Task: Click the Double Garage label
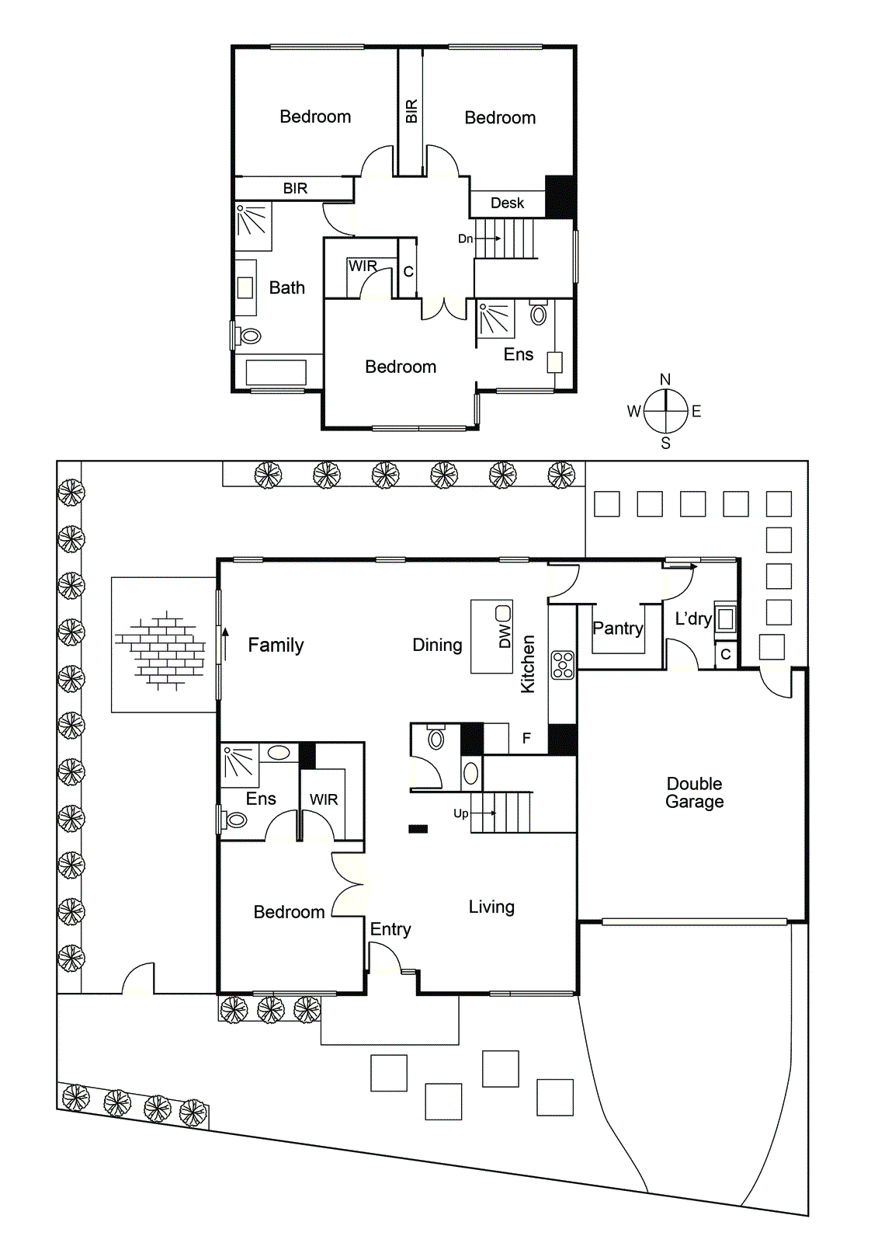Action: point(694,792)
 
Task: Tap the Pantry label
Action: point(618,628)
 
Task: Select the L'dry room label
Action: point(692,618)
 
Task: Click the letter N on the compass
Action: point(665,379)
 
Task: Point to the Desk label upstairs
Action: point(507,203)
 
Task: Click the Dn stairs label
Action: point(465,239)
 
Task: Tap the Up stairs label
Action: point(460,813)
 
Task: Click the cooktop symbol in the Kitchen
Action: point(563,665)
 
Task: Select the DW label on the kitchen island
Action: point(505,636)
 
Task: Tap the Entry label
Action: point(390,929)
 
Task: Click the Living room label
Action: point(491,907)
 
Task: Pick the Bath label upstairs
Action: point(286,287)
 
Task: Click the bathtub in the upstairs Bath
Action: point(276,372)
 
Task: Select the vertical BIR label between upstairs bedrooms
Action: point(411,111)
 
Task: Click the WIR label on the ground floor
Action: point(324,799)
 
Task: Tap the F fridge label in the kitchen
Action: point(526,738)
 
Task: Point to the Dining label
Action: point(437,645)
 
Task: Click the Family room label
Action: point(276,645)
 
